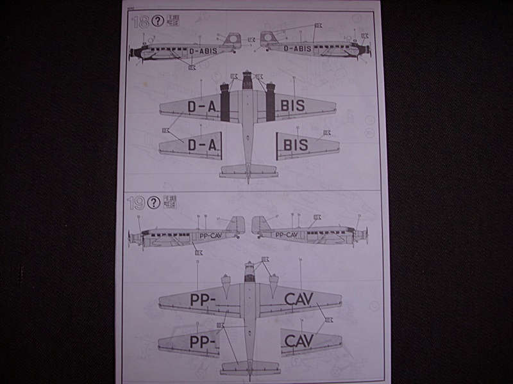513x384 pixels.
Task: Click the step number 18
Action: click(139, 22)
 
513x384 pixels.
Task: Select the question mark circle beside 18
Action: click(157, 22)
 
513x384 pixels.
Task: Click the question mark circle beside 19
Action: click(154, 204)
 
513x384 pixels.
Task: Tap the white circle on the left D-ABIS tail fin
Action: click(233, 43)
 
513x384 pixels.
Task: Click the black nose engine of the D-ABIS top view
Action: click(248, 81)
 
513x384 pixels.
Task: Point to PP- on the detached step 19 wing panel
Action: click(203, 341)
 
